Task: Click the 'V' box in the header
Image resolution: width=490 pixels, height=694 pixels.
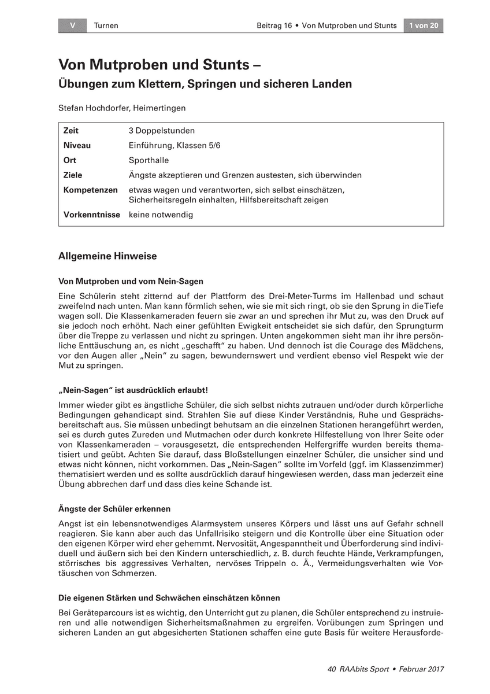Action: tap(72, 25)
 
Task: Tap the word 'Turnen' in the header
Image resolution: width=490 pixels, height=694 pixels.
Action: tap(106, 25)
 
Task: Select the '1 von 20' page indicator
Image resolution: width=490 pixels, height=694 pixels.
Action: tap(424, 25)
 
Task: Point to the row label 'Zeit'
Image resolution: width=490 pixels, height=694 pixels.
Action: tap(71, 131)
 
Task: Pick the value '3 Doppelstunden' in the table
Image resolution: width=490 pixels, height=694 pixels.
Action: tap(161, 131)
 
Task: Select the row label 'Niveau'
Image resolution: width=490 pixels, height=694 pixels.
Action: tap(77, 146)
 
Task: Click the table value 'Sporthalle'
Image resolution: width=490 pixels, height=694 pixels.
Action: tap(149, 160)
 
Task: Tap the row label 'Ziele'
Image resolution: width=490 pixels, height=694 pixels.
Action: tap(73, 175)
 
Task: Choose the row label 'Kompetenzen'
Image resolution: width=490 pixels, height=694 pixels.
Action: tap(90, 190)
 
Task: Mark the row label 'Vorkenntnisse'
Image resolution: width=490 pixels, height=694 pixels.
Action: tap(92, 215)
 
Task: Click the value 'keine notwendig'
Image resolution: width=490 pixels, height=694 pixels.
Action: tap(161, 215)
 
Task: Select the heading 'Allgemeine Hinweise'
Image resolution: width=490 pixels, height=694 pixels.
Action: tap(107, 256)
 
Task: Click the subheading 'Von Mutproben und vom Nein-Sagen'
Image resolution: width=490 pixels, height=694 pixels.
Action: tap(131, 282)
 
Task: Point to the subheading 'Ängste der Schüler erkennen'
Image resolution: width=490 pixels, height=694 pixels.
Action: tap(114, 509)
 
